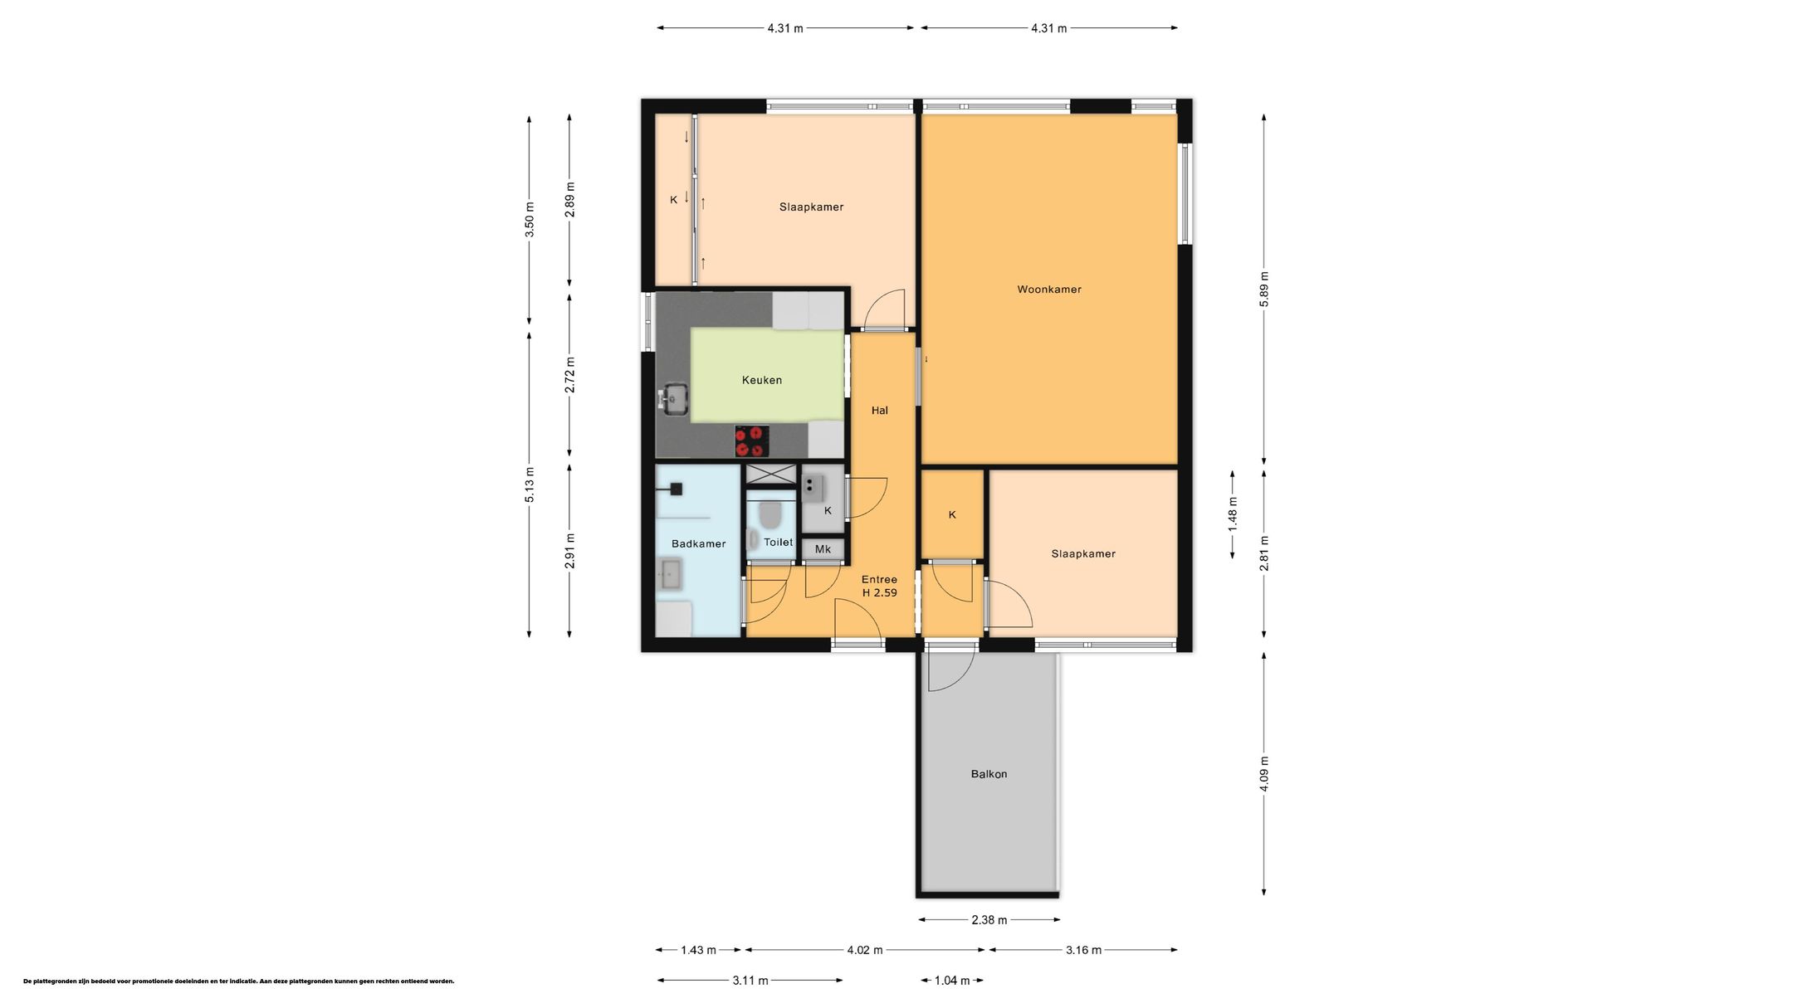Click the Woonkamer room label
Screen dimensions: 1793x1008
(x=1049, y=290)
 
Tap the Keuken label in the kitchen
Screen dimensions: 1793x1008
(x=762, y=380)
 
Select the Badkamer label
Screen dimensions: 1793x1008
(x=699, y=543)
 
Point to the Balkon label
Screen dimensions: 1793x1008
(x=989, y=774)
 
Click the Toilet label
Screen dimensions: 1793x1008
(x=779, y=542)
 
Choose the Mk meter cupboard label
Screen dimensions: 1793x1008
(x=823, y=549)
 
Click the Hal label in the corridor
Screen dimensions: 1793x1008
(x=880, y=410)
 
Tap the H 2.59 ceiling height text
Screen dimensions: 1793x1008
(x=880, y=592)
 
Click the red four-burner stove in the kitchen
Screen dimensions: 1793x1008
(x=752, y=441)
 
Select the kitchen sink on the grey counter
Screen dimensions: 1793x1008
(x=674, y=399)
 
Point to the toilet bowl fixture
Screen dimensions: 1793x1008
(x=770, y=514)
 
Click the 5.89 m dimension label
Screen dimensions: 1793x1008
(x=1264, y=290)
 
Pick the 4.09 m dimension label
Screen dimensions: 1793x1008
(x=1264, y=774)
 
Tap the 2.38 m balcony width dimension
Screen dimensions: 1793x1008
(x=989, y=919)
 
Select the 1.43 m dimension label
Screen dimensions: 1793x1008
(x=698, y=950)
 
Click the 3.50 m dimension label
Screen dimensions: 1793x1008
(x=530, y=220)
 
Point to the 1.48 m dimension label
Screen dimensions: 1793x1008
(x=1233, y=514)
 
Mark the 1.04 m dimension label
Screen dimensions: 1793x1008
(x=952, y=981)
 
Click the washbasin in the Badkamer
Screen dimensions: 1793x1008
(x=670, y=574)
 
